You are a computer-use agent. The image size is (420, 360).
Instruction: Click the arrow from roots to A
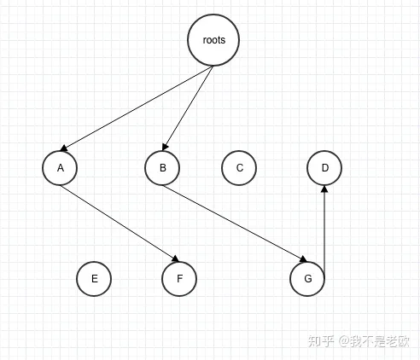coord(137,108)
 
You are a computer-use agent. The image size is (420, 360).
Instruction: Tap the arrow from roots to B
coord(188,108)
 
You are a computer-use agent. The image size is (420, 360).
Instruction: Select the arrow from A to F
coord(120,224)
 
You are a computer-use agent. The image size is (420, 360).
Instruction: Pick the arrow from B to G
coord(235,224)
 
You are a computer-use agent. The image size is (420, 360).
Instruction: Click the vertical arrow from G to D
coord(324,229)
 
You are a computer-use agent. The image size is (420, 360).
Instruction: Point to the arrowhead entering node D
coord(324,189)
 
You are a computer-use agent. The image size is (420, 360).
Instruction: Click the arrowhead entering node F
coord(176,258)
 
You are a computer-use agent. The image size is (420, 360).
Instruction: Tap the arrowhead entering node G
coord(303,258)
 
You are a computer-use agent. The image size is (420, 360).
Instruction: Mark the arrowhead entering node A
coord(64,148)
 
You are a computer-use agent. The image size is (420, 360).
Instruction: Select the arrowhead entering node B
coord(165,147)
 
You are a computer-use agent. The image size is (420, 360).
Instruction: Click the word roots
coord(214,40)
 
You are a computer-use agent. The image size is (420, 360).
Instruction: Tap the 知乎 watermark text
coord(321,341)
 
